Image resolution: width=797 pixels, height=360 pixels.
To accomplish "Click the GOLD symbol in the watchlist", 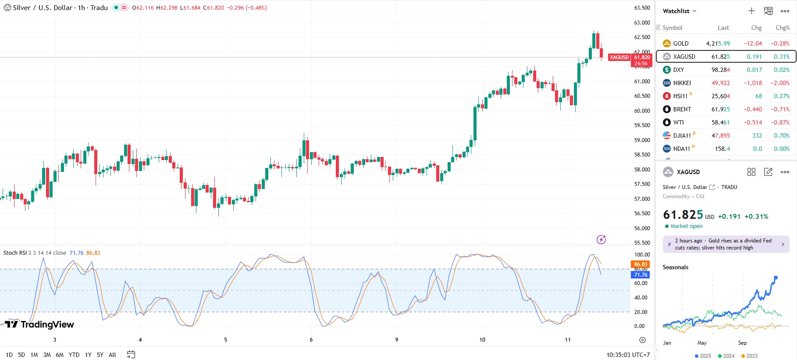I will (680, 43).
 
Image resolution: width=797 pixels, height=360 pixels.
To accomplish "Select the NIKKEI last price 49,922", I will (720, 83).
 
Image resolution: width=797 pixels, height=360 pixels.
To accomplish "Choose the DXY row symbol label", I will (678, 70).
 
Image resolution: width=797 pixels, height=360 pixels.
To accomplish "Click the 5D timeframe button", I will (21, 355).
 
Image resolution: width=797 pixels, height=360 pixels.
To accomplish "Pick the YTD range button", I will (74, 355).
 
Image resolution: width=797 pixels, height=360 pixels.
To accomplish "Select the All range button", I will (112, 355).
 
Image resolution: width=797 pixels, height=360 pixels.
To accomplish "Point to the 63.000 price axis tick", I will (642, 22).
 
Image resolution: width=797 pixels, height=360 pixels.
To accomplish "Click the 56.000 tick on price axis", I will (642, 228).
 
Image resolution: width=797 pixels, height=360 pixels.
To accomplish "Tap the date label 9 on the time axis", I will (397, 339).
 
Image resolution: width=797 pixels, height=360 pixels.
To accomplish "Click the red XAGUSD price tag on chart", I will (619, 57).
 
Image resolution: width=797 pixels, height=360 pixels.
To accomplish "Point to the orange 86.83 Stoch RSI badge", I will (640, 264).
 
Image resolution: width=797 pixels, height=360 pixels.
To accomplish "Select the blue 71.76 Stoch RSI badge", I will (640, 275).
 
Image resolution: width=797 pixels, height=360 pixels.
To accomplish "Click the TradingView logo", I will (39, 324).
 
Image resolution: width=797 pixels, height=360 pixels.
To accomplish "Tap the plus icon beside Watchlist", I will (751, 11).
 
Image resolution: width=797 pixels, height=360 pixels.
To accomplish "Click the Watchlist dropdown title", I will (679, 11).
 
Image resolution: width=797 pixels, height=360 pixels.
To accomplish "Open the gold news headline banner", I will (726, 244).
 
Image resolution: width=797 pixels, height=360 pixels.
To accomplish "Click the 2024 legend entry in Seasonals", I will (726, 356).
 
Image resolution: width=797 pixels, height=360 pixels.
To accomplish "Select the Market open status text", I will (686, 226).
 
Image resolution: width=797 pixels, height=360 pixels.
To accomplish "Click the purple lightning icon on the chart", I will (601, 239).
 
